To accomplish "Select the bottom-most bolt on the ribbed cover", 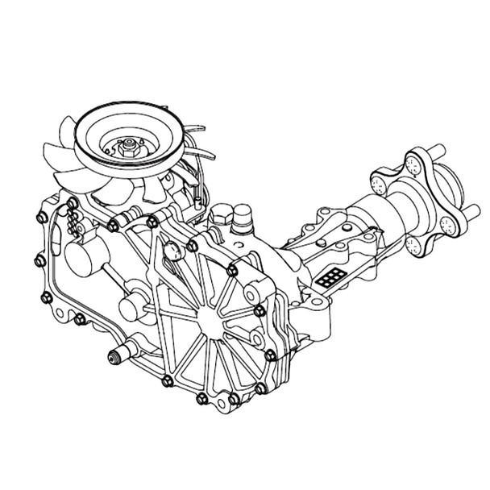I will pyautogui.click(x=233, y=400).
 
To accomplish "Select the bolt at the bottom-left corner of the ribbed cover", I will pyautogui.click(x=167, y=380).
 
